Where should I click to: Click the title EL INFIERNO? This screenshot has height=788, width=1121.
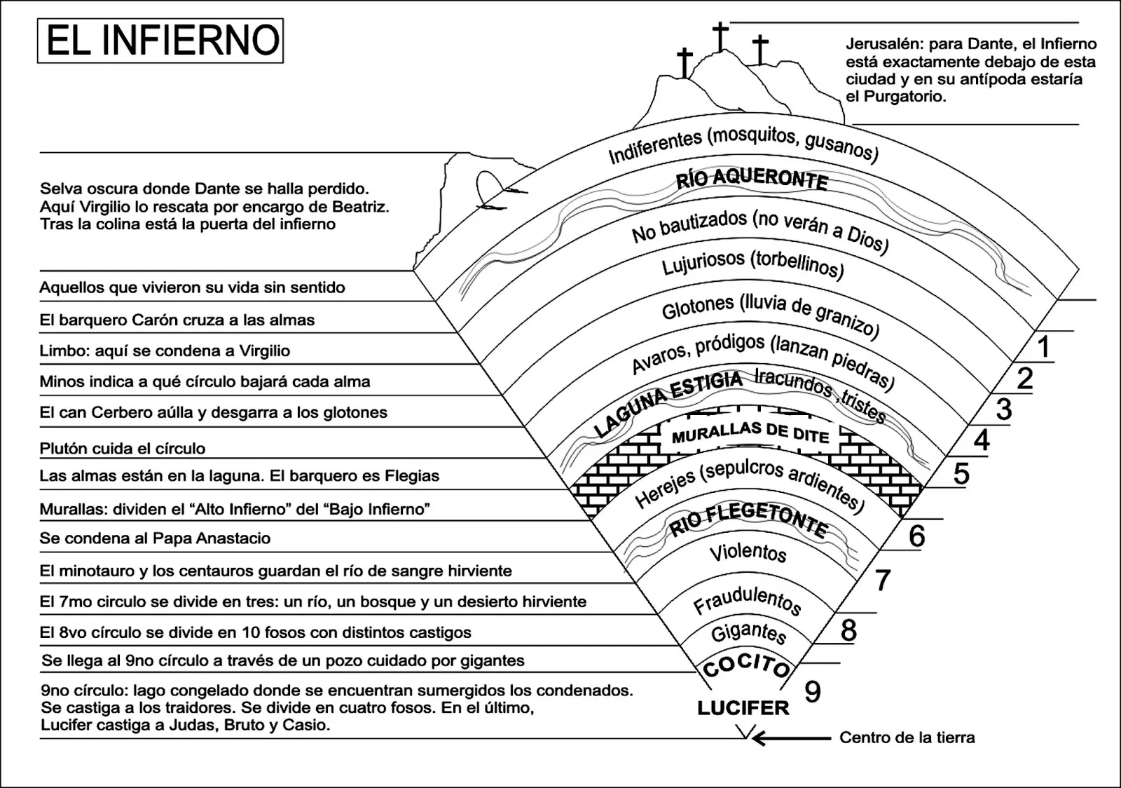[x=163, y=40]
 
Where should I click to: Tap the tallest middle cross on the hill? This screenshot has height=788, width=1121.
[x=721, y=36]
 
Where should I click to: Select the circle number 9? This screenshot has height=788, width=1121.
[x=813, y=691]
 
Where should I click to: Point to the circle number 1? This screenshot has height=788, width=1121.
[x=1043, y=346]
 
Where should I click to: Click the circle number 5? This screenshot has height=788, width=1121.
[x=961, y=473]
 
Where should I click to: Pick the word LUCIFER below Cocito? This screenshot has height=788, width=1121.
[x=743, y=708]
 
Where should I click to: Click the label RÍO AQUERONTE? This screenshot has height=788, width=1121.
[x=752, y=179]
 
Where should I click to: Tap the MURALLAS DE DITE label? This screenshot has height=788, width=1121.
[x=750, y=433]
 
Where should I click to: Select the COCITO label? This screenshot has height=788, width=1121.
[x=746, y=667]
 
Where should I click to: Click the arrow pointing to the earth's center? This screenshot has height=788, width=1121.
[x=791, y=738]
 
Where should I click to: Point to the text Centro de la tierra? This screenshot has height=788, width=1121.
[x=907, y=738]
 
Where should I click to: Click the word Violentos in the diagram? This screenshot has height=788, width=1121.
[x=748, y=552]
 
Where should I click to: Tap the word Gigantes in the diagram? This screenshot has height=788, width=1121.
[x=749, y=633]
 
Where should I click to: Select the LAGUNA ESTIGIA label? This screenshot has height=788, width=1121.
[x=668, y=404]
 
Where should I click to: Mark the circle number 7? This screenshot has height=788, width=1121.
[x=882, y=580]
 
